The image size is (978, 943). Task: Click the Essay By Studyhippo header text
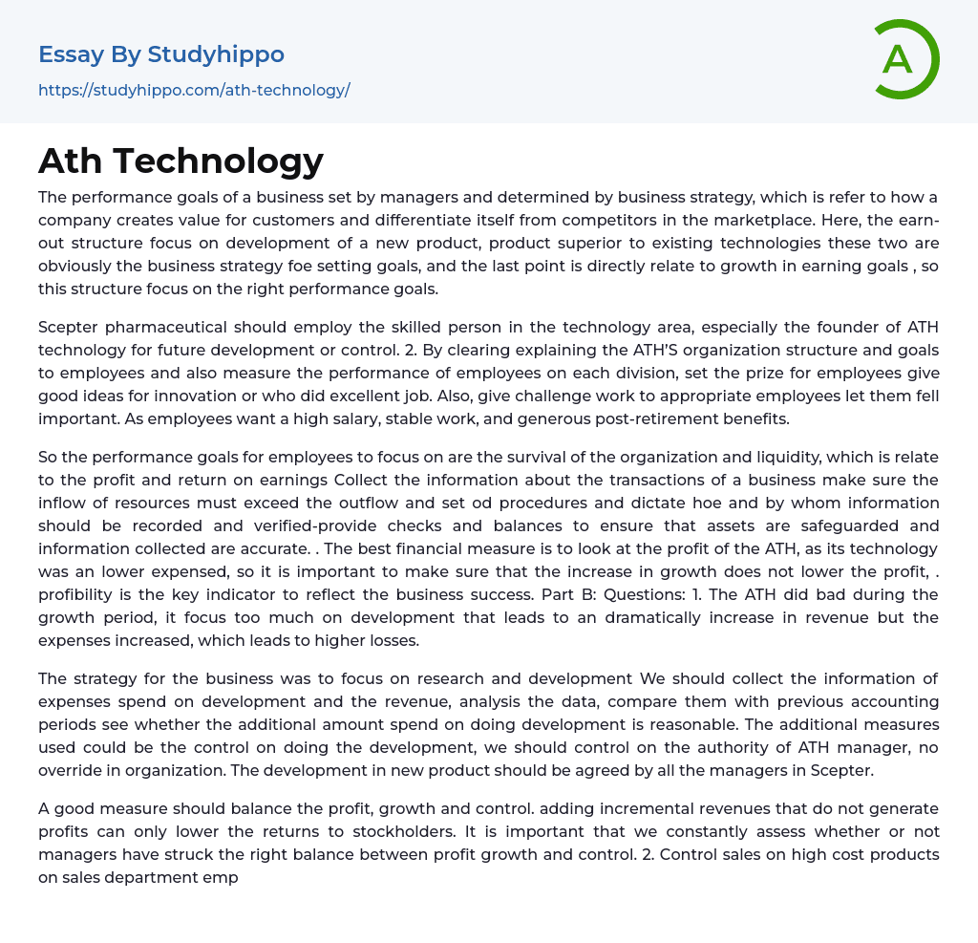click(161, 54)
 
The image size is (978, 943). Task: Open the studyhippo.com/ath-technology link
click(194, 90)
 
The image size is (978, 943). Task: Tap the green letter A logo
click(898, 59)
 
